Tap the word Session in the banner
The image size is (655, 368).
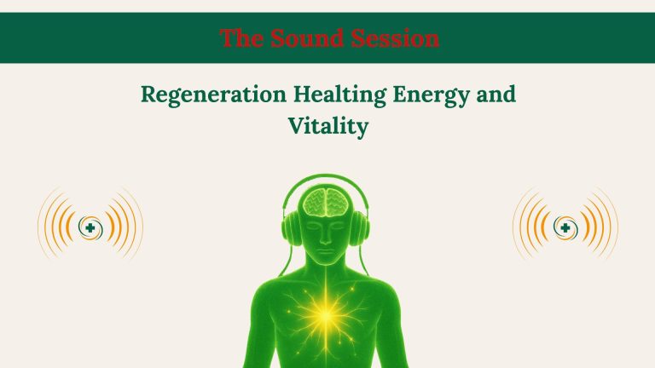396,38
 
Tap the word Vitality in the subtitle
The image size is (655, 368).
327,128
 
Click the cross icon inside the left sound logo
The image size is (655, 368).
89,227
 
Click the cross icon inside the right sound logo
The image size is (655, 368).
565,227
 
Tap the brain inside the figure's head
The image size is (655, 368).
327,202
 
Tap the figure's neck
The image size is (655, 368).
327,277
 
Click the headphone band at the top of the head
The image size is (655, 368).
327,179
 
